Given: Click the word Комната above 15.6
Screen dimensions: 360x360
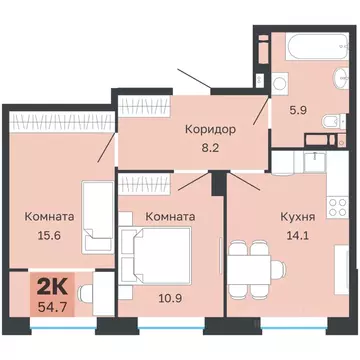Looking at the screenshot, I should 49,215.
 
